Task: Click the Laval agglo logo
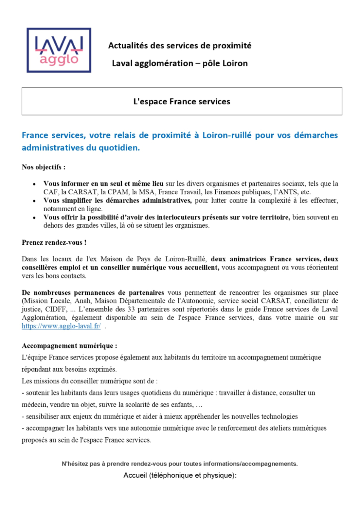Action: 59,50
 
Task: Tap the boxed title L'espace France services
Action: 182,102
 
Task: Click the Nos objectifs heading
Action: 44,167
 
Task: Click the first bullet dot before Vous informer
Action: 34,184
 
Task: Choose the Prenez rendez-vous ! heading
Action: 54,242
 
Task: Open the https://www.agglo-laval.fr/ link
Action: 61,326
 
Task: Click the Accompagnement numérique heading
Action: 69,346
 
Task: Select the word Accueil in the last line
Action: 135,475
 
